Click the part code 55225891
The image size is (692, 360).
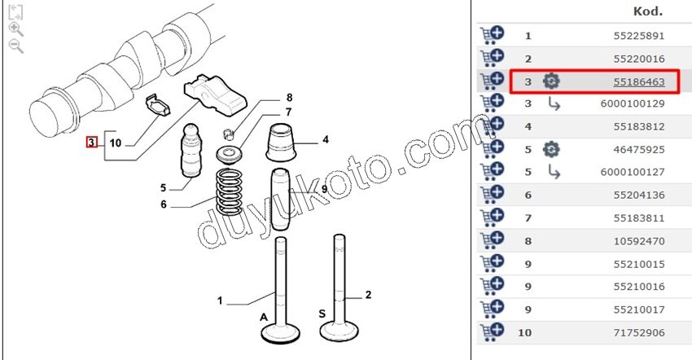pos(638,36)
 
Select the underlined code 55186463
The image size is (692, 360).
pos(638,81)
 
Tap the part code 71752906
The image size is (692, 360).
pos(638,332)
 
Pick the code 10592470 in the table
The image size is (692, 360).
pos(638,241)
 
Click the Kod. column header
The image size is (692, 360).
pos(648,11)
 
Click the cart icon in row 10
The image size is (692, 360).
pos(492,332)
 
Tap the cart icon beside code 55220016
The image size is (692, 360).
pos(492,59)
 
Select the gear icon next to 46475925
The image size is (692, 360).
pos(551,149)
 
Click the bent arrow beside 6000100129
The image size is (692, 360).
pos(554,103)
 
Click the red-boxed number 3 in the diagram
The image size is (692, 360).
pos(91,143)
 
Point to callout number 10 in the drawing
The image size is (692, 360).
pos(115,143)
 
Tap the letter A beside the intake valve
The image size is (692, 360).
pos(264,317)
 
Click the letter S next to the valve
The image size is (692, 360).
pos(322,314)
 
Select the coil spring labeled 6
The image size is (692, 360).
pos(229,192)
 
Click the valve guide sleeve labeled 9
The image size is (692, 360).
pos(279,200)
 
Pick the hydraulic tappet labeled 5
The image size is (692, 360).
pos(191,151)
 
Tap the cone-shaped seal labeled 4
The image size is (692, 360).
pos(281,143)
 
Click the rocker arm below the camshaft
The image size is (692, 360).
pos(215,94)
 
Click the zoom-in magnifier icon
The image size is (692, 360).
pos(16,29)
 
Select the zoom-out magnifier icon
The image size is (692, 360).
pos(16,46)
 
